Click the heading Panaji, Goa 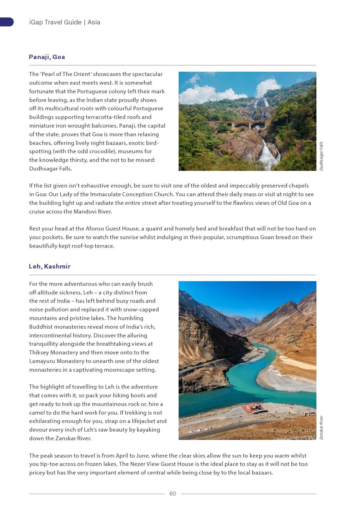click(x=47, y=57)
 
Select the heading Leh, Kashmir click(x=50, y=266)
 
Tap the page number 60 click(x=172, y=493)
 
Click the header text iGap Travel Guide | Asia click(x=65, y=22)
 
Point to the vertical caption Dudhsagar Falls click(x=321, y=156)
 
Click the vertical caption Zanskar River click(x=321, y=428)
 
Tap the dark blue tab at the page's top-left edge click(x=6, y=22)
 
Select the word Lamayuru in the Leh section click(x=42, y=361)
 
